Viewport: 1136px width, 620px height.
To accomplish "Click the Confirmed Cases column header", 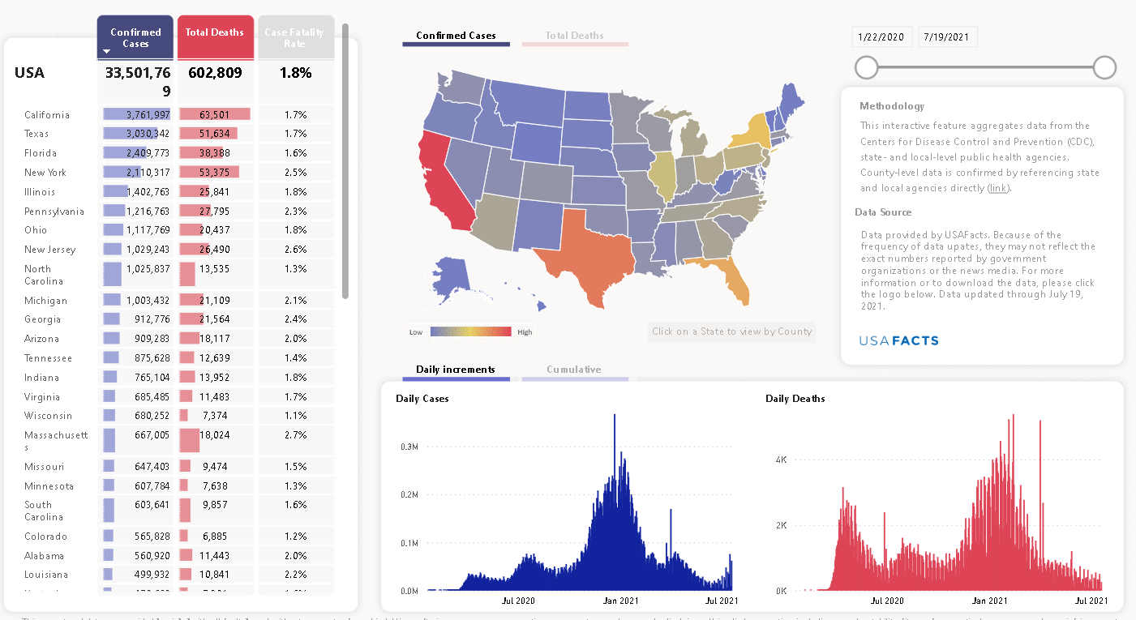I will [135, 37].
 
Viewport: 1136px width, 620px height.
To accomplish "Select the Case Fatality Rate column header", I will [295, 37].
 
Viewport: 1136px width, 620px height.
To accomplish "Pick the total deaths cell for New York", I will [216, 173].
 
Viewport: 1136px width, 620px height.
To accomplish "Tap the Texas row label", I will [36, 134].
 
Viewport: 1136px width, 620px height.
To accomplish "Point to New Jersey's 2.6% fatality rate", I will [295, 250].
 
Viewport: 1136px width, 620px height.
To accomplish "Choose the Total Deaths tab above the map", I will [574, 36].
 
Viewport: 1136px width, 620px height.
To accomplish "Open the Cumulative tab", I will [574, 370].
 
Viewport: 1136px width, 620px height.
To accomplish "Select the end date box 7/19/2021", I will [947, 37].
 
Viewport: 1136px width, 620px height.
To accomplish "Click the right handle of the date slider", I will [1104, 67].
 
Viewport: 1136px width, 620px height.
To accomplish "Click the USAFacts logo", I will [898, 340].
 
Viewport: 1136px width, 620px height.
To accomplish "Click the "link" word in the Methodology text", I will [997, 188].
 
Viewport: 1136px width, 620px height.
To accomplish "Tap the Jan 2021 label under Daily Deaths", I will [989, 601].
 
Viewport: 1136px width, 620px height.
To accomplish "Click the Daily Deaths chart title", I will [795, 399].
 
